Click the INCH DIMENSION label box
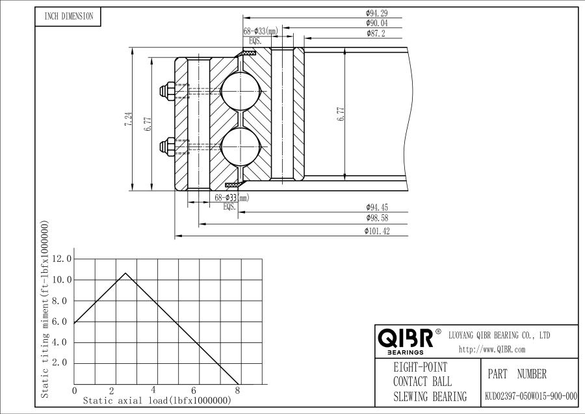[x=68, y=16]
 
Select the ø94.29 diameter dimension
[x=376, y=13]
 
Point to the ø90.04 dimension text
[x=377, y=23]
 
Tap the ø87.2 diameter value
[x=376, y=34]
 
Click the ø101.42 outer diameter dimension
[x=377, y=231]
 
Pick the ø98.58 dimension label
[x=377, y=218]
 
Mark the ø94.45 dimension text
[x=377, y=208]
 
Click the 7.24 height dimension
[x=128, y=119]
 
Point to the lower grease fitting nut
[x=166, y=146]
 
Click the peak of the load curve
[x=125, y=273]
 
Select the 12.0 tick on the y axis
[x=62, y=258]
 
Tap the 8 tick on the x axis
[x=238, y=391]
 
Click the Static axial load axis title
[x=157, y=401]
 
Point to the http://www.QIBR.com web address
[x=492, y=350]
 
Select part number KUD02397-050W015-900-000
[x=531, y=396]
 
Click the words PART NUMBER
[x=517, y=374]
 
